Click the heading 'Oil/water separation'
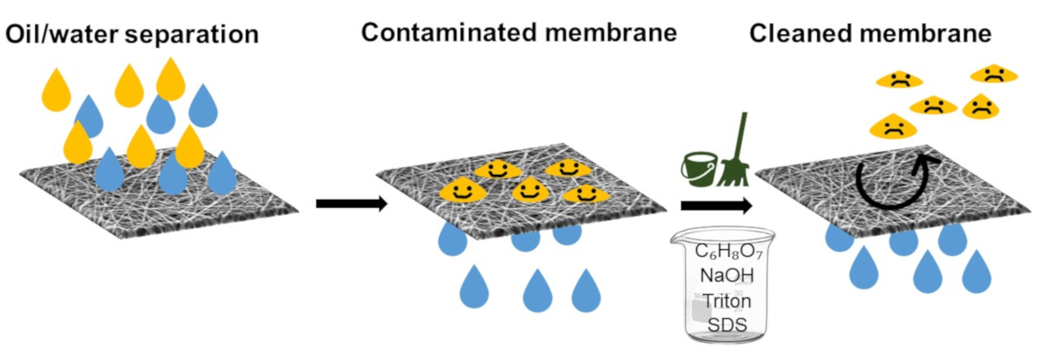coord(132,34)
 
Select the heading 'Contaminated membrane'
coord(519,32)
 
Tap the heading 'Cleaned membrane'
coord(870,33)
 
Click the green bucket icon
coord(698,169)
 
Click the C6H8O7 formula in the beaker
coord(728,251)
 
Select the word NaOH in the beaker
coord(727,276)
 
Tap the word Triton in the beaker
coord(726,300)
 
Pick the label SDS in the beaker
coord(727,325)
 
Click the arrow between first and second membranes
coord(351,204)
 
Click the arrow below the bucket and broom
coord(716,206)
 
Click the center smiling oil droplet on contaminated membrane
coord(530,190)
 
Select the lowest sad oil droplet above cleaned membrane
coord(893,126)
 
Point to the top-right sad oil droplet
coord(993,74)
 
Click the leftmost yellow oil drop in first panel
coord(56,89)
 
